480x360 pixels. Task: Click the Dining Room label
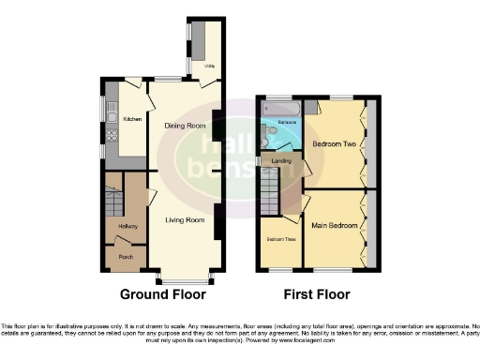click(185, 126)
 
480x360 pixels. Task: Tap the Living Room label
click(185, 220)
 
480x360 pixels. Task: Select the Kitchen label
click(132, 118)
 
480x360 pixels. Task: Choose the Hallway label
click(128, 227)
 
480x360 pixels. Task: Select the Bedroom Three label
click(281, 240)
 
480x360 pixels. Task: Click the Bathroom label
click(287, 122)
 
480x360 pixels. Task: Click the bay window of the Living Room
click(185, 279)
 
